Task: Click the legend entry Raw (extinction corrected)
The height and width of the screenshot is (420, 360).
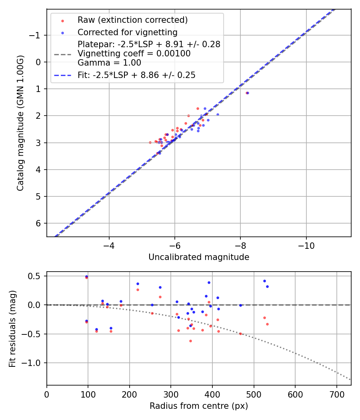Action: click(x=132, y=20)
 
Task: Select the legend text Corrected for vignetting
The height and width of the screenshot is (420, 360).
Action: click(x=128, y=32)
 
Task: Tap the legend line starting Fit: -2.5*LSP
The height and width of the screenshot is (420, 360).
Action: click(x=136, y=75)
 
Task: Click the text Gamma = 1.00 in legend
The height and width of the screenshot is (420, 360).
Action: click(x=103, y=62)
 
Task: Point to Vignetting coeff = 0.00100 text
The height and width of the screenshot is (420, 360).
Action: click(x=134, y=54)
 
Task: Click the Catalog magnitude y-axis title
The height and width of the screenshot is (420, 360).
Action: click(x=20, y=123)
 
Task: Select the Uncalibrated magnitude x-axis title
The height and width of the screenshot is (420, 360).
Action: click(x=199, y=257)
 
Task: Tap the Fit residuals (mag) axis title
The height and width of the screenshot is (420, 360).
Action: click(x=12, y=328)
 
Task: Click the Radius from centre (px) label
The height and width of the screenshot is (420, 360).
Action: click(x=199, y=406)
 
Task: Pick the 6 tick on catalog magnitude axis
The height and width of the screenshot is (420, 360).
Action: click(x=38, y=223)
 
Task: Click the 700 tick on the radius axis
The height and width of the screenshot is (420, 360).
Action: click(x=336, y=394)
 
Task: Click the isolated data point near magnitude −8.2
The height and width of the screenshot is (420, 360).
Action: click(x=247, y=93)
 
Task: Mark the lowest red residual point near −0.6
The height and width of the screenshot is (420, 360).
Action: click(x=190, y=341)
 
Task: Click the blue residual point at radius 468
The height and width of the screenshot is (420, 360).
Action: click(x=240, y=305)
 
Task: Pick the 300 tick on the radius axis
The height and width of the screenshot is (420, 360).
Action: click(x=171, y=394)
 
